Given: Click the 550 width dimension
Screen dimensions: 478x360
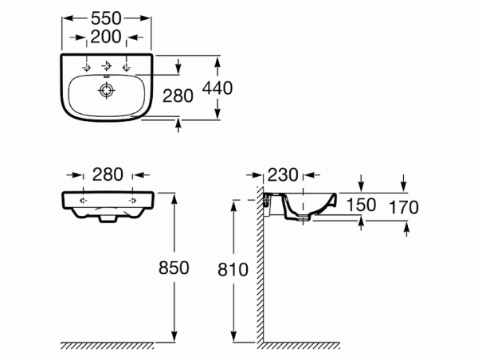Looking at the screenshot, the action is pyautogui.click(x=106, y=18).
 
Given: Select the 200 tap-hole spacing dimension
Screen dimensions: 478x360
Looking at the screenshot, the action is pyautogui.click(x=106, y=37).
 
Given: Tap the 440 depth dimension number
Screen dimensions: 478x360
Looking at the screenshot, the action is pyautogui.click(x=217, y=88).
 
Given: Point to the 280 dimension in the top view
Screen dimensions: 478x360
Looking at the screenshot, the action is pyautogui.click(x=178, y=96).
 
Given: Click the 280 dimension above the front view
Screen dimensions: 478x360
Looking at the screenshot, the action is pyautogui.click(x=108, y=174).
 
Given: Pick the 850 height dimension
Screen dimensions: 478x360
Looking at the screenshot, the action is pyautogui.click(x=174, y=268).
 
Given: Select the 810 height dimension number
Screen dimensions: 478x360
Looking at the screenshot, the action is pyautogui.click(x=233, y=270).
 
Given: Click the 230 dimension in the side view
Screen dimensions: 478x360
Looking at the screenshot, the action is pyautogui.click(x=283, y=175).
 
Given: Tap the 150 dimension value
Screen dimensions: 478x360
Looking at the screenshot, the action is pyautogui.click(x=361, y=205).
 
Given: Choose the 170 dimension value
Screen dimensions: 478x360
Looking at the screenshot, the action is pyautogui.click(x=404, y=207).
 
